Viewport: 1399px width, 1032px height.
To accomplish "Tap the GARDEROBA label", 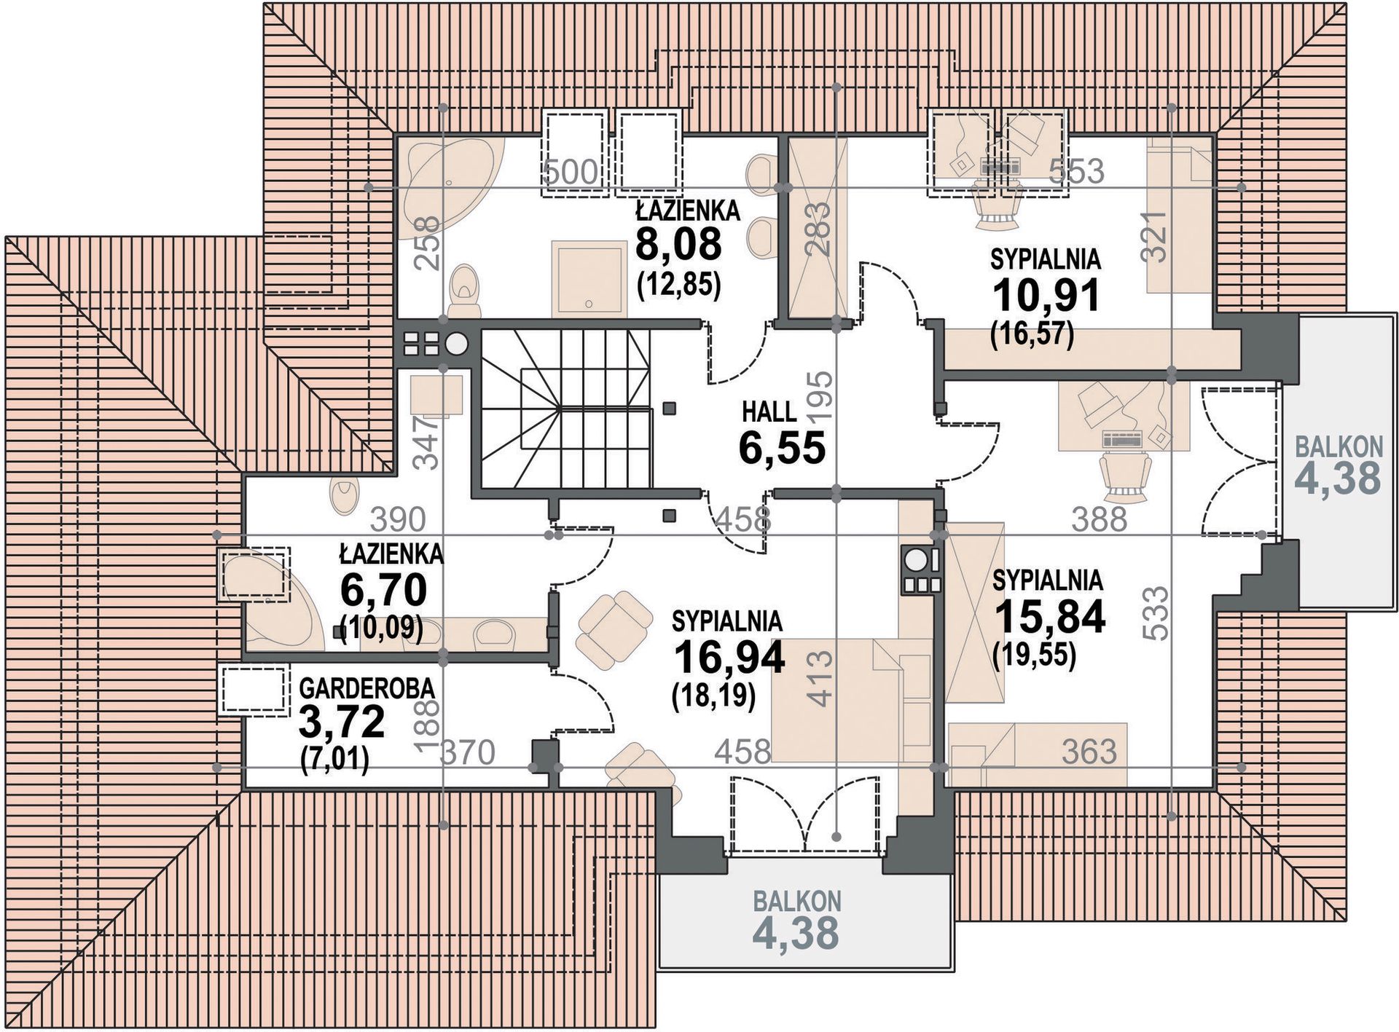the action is (x=367, y=688).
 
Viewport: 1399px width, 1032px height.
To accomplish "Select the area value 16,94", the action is (x=729, y=658).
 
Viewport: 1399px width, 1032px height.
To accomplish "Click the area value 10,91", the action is (x=1046, y=296).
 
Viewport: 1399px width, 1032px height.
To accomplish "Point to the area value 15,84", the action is (x=1050, y=616).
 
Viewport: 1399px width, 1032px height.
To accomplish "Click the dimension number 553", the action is (x=1076, y=171).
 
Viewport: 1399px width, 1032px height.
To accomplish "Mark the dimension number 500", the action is (x=571, y=173).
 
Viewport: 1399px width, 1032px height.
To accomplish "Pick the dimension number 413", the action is (x=820, y=679).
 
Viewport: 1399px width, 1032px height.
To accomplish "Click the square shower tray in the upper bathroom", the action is (x=589, y=279).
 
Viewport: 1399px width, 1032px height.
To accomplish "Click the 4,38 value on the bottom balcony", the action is (x=796, y=933).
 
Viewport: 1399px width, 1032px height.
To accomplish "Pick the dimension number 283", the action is (x=819, y=229).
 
